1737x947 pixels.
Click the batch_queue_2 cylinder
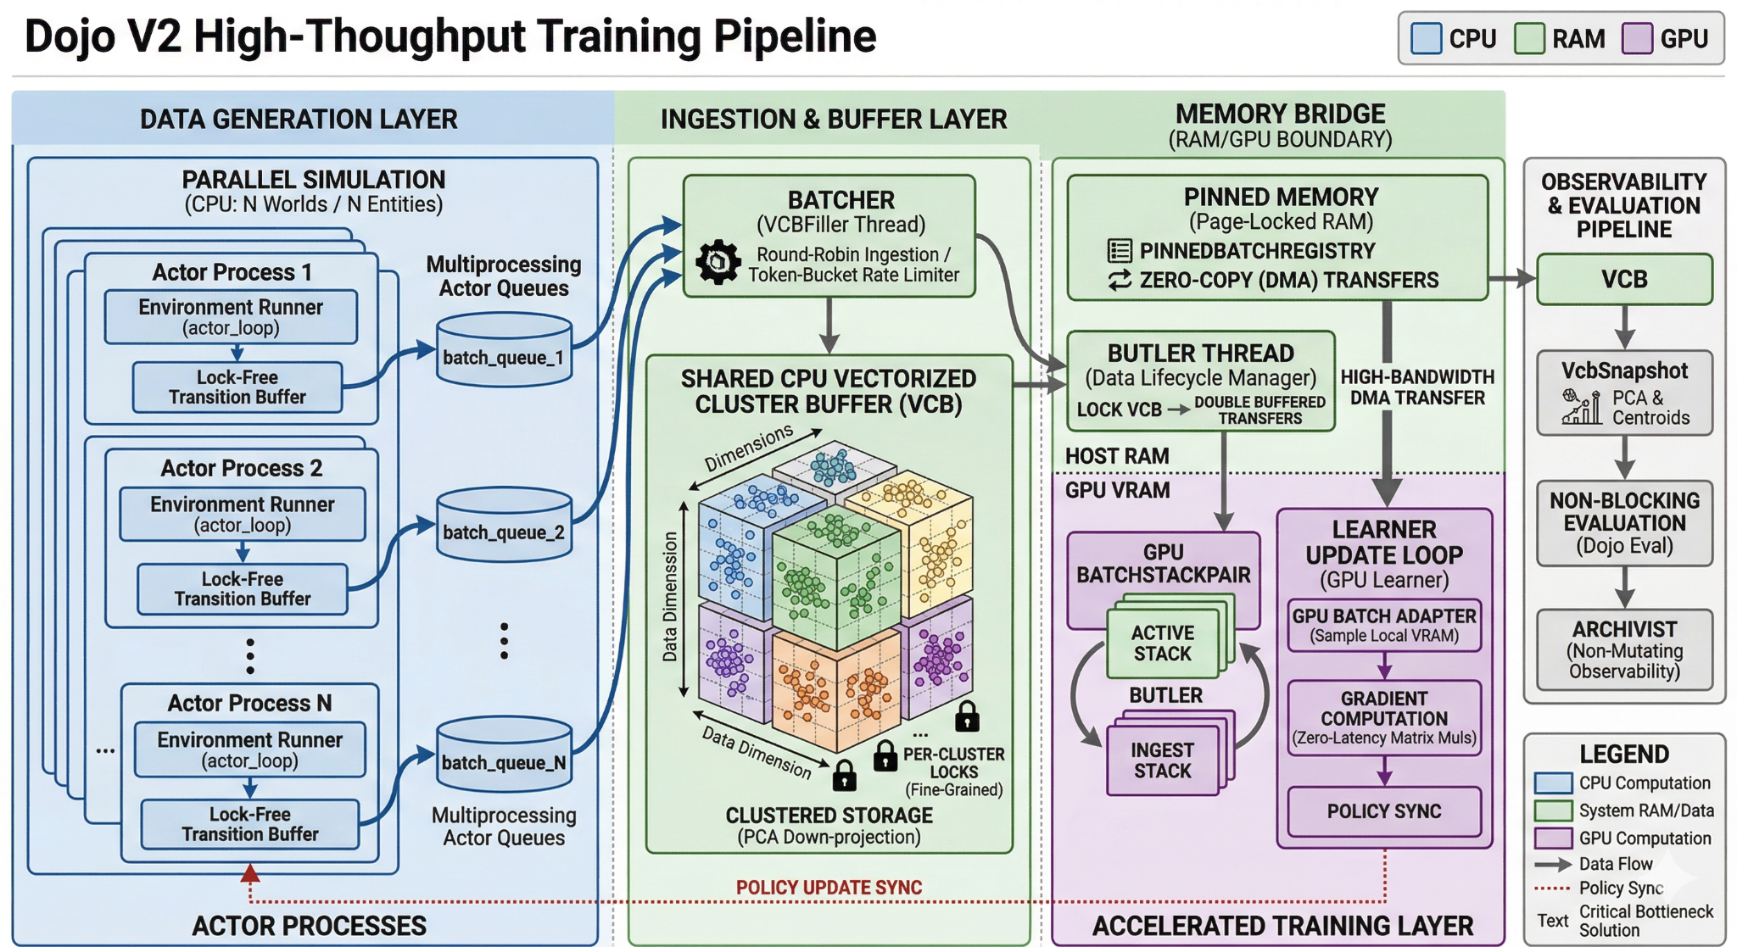(x=504, y=526)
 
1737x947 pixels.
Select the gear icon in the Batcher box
(x=718, y=262)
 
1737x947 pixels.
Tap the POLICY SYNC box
(x=1383, y=811)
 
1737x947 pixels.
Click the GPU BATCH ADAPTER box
(x=1383, y=626)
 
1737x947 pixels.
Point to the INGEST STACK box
(x=1162, y=760)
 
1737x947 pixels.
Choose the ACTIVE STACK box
(x=1162, y=643)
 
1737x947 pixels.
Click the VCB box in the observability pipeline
(x=1623, y=280)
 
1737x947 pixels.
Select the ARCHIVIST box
(x=1623, y=649)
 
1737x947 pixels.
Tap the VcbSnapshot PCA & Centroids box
(x=1623, y=393)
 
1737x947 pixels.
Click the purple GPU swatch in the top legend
(x=1636, y=39)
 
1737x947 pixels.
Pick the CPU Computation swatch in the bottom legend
(x=1553, y=783)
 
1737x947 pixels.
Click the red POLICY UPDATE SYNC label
(x=829, y=888)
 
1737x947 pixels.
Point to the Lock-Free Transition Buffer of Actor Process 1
(x=237, y=387)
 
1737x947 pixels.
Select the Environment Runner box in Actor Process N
(x=249, y=749)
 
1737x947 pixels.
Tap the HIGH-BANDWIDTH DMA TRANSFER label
(x=1417, y=387)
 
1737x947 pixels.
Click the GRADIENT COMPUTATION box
(x=1383, y=717)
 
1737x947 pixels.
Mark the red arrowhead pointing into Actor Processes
(x=250, y=873)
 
